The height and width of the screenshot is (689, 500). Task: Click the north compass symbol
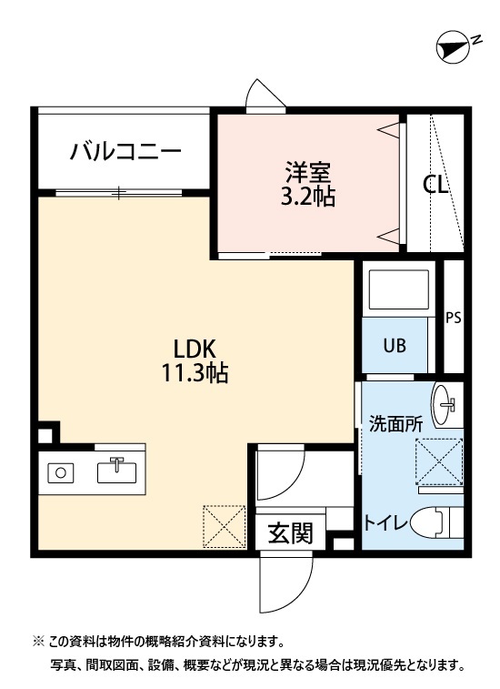click(x=454, y=46)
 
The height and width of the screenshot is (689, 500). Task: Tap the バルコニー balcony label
click(x=126, y=151)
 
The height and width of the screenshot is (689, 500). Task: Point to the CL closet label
click(x=435, y=185)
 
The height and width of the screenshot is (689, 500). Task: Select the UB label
click(x=394, y=345)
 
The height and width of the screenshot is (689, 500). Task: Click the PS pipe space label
click(x=453, y=319)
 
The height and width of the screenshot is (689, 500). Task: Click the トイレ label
click(x=385, y=522)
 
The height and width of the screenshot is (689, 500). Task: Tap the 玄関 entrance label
click(x=291, y=532)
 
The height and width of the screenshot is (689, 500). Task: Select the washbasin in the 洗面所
click(x=447, y=405)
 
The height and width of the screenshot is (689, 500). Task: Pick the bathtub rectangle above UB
click(x=396, y=289)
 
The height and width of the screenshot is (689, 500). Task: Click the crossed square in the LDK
click(x=224, y=527)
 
